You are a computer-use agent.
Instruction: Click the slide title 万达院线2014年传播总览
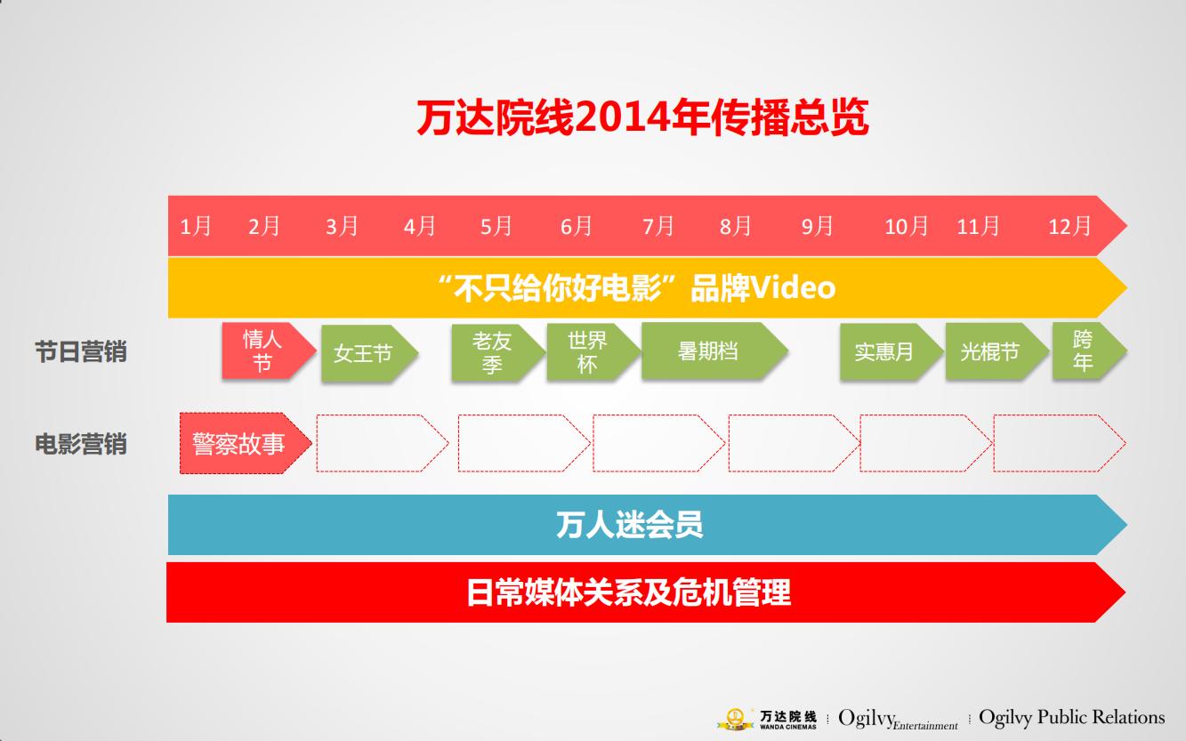(641, 118)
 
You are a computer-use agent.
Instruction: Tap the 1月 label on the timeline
(196, 226)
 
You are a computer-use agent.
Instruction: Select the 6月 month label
(576, 226)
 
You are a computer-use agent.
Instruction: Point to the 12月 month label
(1069, 226)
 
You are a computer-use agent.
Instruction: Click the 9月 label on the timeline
(817, 226)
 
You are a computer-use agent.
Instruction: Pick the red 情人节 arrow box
(264, 351)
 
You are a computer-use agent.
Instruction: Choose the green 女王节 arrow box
(364, 353)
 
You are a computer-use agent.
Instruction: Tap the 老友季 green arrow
(494, 352)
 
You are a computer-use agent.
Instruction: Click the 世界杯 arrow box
(589, 351)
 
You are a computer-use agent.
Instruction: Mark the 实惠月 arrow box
(885, 351)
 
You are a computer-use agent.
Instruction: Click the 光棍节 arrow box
(990, 351)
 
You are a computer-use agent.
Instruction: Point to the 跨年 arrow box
(1083, 351)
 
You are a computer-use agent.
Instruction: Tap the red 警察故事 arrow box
(239, 443)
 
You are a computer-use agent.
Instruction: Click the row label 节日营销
(81, 351)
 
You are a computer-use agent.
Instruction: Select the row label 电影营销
(81, 443)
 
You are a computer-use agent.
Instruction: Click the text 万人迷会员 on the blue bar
(629, 525)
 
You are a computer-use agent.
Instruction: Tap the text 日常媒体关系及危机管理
(628, 592)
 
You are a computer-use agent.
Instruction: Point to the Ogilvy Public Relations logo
(1071, 717)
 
